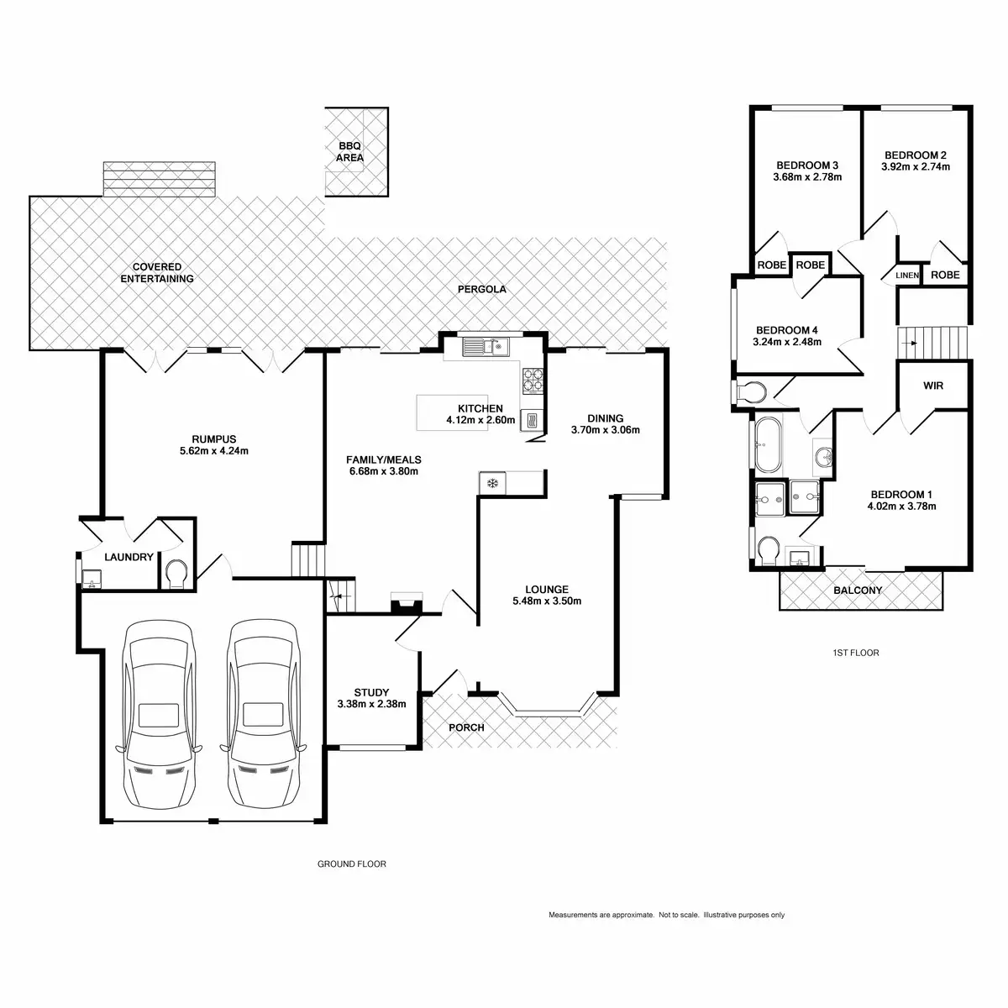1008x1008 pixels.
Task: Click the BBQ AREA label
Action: pyautogui.click(x=350, y=151)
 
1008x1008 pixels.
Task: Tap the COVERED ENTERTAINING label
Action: pyautogui.click(x=157, y=273)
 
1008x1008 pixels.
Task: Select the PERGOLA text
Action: pyautogui.click(x=482, y=289)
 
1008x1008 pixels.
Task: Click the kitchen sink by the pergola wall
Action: pyautogui.click(x=482, y=345)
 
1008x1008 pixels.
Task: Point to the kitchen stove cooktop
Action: pyautogui.click(x=533, y=381)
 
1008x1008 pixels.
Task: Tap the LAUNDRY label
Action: pyautogui.click(x=129, y=557)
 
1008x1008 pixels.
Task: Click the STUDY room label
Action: pyautogui.click(x=371, y=693)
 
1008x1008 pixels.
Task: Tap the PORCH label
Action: pyautogui.click(x=466, y=727)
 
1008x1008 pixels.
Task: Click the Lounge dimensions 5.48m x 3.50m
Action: pyautogui.click(x=547, y=601)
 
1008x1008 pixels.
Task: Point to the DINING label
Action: pyautogui.click(x=605, y=418)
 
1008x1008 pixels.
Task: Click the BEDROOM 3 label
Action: pyautogui.click(x=807, y=165)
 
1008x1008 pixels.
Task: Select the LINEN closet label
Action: pyautogui.click(x=907, y=276)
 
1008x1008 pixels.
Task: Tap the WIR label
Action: pyautogui.click(x=933, y=386)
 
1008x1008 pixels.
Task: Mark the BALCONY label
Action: pyautogui.click(x=858, y=591)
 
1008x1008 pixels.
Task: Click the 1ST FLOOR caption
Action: pyautogui.click(x=855, y=653)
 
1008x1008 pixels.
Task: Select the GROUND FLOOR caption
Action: pyautogui.click(x=352, y=864)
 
